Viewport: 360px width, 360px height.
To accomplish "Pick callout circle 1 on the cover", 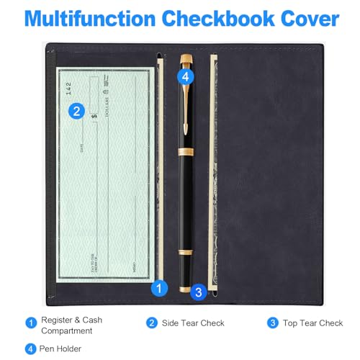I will point(159,288).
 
